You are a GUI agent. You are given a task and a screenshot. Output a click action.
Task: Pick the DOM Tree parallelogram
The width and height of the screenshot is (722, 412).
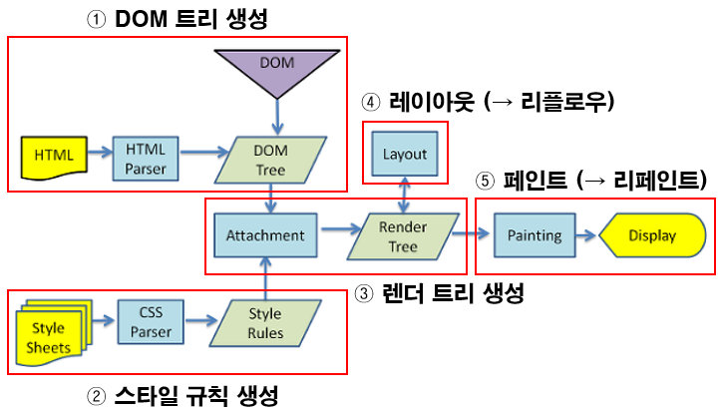(269, 158)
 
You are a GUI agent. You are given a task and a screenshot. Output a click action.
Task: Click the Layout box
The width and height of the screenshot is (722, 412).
(404, 154)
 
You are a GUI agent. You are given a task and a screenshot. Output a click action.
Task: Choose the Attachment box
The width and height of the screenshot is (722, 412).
(265, 236)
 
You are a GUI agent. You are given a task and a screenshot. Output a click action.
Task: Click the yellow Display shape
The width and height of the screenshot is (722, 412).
(650, 236)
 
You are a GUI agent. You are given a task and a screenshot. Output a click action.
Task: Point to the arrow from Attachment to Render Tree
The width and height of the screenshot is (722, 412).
(336, 236)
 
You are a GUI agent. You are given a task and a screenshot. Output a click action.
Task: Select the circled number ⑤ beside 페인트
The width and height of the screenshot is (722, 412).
(486, 181)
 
